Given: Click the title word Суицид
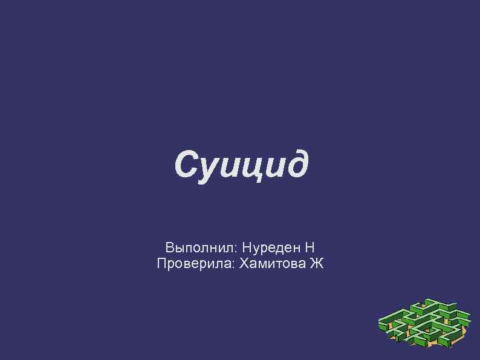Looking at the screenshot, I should [x=241, y=165].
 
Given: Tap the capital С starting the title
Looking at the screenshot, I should [x=186, y=163].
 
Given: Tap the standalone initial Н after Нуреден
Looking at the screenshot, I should [x=310, y=247].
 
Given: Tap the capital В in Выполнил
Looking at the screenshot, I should [x=169, y=247].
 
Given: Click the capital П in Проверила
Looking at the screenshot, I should [x=161, y=263].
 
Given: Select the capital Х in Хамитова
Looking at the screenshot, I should [x=244, y=263].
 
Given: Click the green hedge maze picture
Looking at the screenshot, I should [x=424, y=324].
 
